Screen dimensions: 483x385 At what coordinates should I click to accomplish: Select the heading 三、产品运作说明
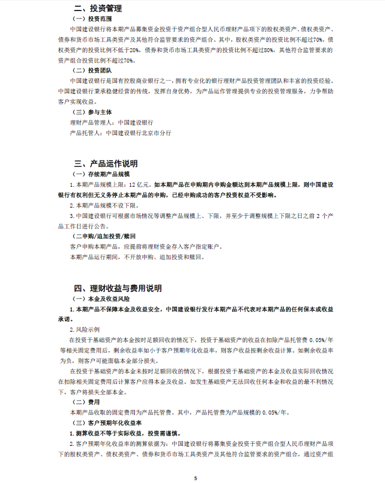106,164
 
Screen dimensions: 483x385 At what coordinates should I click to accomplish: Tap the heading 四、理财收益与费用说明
118,288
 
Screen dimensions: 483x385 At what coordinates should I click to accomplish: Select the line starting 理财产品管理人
111,122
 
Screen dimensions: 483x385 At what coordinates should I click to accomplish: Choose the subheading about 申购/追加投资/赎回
97,236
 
